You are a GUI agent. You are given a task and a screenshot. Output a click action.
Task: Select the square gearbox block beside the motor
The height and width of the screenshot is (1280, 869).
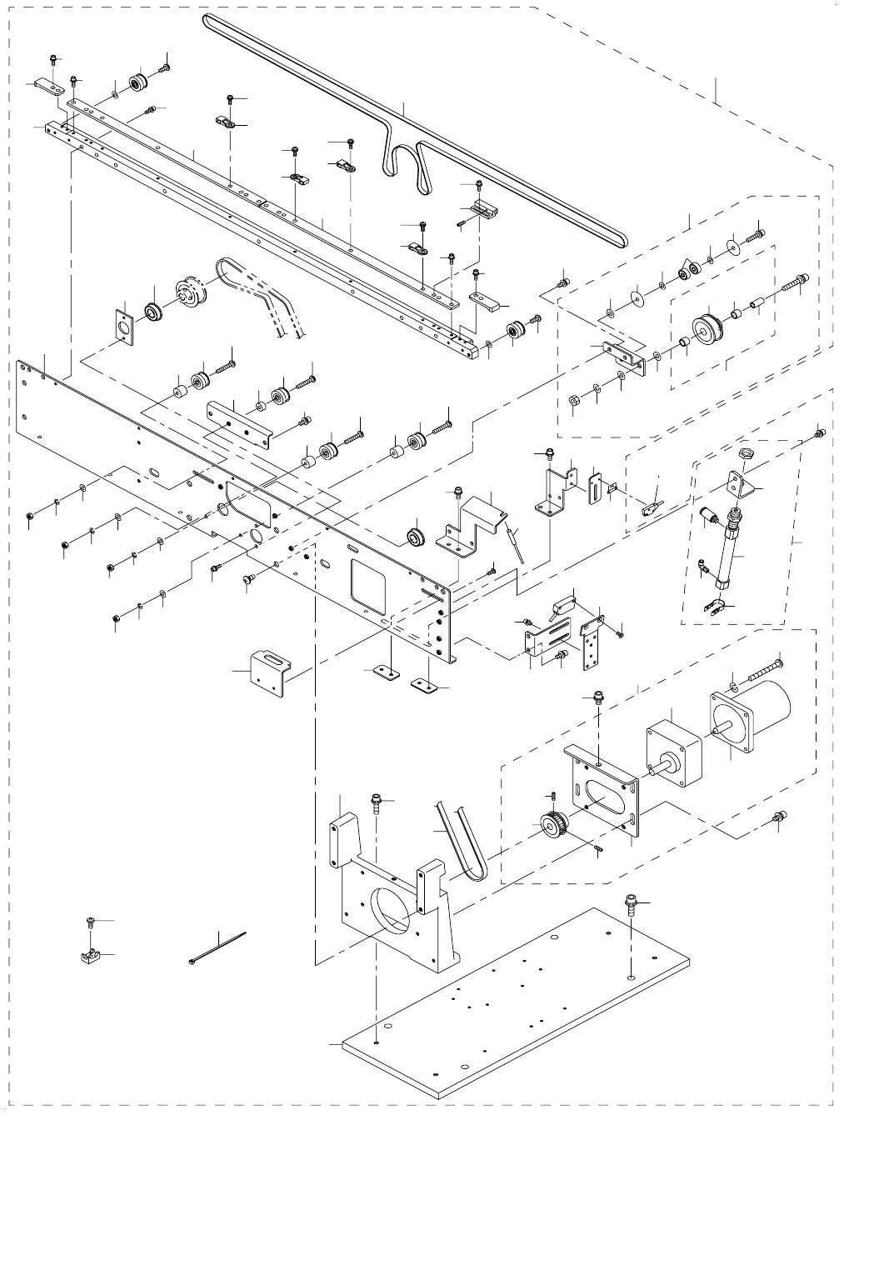[x=673, y=747]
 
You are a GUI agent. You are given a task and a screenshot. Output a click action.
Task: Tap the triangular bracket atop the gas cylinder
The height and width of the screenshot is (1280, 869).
[x=738, y=482]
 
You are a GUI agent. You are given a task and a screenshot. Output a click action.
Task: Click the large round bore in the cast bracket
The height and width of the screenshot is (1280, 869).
[x=391, y=912]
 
